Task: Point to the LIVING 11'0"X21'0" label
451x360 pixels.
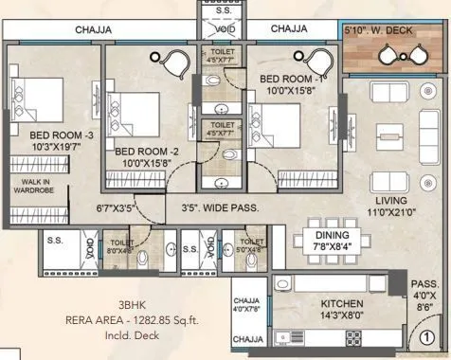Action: pyautogui.click(x=388, y=207)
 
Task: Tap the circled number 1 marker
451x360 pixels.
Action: pyautogui.click(x=427, y=334)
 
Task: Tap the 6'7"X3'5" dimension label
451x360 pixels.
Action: pyautogui.click(x=117, y=203)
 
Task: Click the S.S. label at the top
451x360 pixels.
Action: pyautogui.click(x=218, y=9)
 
